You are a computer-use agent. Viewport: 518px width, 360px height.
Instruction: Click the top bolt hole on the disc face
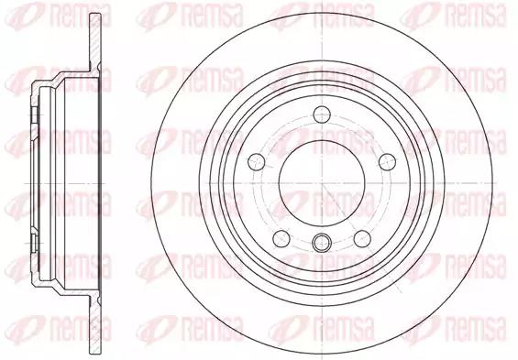point(322,115)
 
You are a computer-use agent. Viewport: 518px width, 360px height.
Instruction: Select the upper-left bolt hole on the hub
point(257,162)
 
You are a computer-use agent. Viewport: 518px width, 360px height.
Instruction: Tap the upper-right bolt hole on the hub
point(387,162)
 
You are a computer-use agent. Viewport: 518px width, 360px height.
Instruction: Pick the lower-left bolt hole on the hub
point(281,238)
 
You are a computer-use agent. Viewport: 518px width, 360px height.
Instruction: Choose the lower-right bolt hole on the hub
point(362,238)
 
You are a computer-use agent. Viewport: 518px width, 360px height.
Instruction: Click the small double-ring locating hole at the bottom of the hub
point(322,243)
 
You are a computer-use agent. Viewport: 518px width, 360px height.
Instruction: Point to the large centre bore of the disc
point(322,183)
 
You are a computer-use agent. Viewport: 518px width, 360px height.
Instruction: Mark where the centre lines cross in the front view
point(322,183)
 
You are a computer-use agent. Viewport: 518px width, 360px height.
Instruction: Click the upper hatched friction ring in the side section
point(95,40)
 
